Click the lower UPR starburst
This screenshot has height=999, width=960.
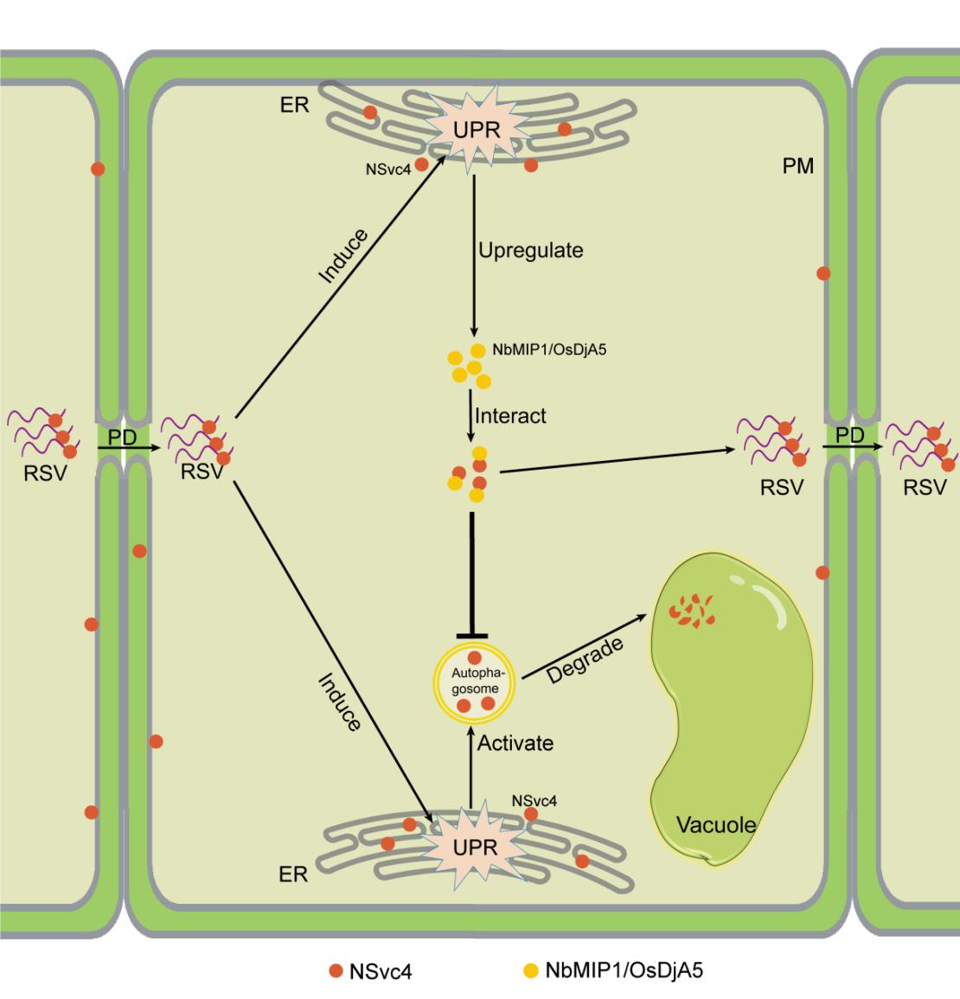[x=475, y=847]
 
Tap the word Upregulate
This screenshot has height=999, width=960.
[x=531, y=251]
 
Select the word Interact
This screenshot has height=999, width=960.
[x=510, y=416]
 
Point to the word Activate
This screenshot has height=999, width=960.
[x=515, y=742]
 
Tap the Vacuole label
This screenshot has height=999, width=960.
[x=715, y=824]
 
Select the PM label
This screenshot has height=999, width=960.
[x=797, y=166]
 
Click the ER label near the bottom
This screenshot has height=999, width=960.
[x=293, y=874]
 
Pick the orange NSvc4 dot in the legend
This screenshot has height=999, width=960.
[x=336, y=971]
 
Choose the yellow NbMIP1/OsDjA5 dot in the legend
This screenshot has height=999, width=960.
[x=531, y=970]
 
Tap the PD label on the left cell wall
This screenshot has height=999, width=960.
[x=123, y=438]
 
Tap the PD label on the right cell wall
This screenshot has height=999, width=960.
[x=850, y=435]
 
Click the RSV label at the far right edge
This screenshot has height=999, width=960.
[x=925, y=487]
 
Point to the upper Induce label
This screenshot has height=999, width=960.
[x=343, y=256]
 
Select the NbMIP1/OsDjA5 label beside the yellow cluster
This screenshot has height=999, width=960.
[x=543, y=350]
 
